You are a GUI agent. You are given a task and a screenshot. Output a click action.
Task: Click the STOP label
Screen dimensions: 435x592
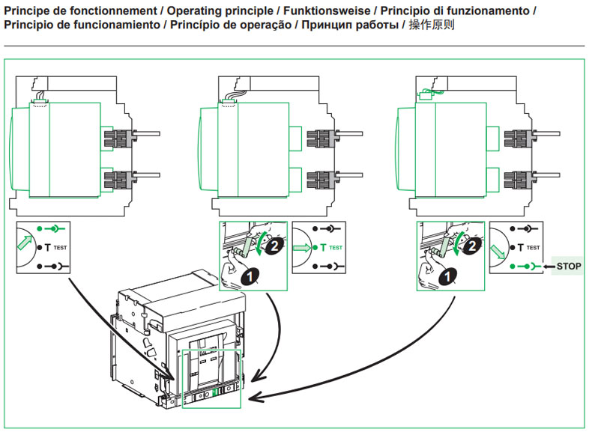point(569,266)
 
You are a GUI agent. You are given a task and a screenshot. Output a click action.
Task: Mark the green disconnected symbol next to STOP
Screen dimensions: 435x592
point(525,266)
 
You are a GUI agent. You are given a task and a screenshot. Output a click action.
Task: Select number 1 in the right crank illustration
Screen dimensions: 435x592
point(447,276)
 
